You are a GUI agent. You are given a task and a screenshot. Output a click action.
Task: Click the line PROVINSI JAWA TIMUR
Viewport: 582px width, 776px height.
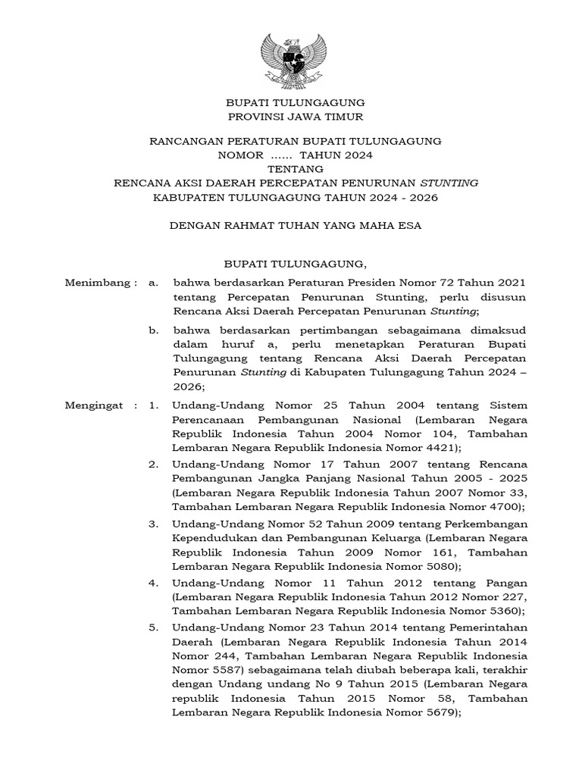[296, 116]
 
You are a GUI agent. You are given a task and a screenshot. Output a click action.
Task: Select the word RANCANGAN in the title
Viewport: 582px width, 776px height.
[184, 141]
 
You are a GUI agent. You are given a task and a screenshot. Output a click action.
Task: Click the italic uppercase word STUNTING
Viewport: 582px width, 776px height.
[449, 183]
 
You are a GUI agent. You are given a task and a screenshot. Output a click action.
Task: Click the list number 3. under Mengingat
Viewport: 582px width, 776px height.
[153, 524]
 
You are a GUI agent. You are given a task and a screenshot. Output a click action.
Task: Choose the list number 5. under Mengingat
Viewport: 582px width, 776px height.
[153, 627]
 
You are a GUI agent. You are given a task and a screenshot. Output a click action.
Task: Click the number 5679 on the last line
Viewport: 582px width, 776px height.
[435, 713]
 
